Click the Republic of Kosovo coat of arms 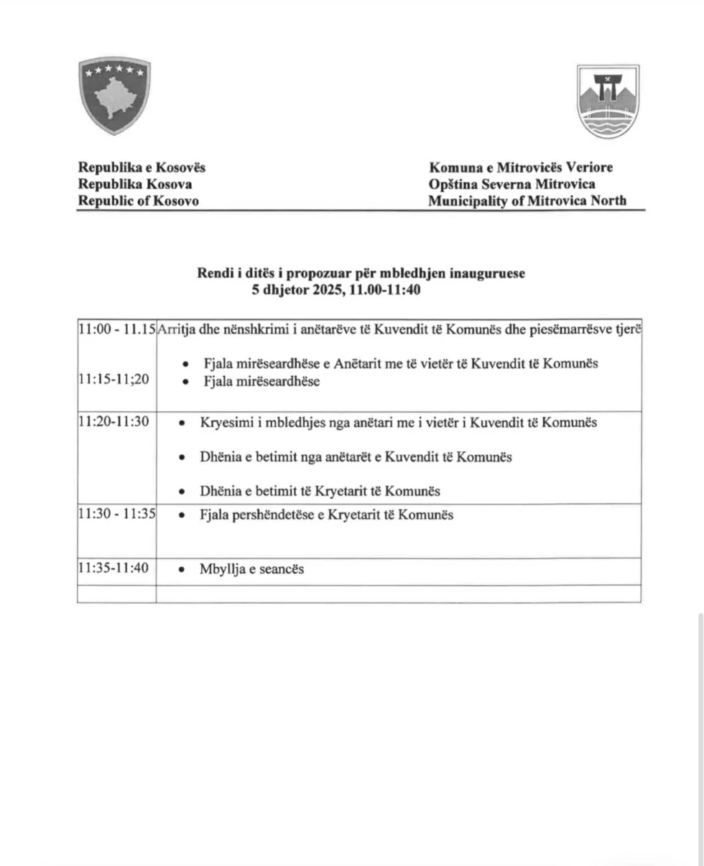[x=114, y=96]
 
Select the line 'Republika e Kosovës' [x=142, y=167]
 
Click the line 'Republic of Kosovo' [x=138, y=201]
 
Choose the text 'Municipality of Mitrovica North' [x=527, y=201]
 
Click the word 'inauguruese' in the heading [x=491, y=274]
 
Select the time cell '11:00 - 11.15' [x=117, y=329]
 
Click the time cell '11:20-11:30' [x=114, y=422]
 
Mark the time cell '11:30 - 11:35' [x=117, y=515]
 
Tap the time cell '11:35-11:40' [x=114, y=568]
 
